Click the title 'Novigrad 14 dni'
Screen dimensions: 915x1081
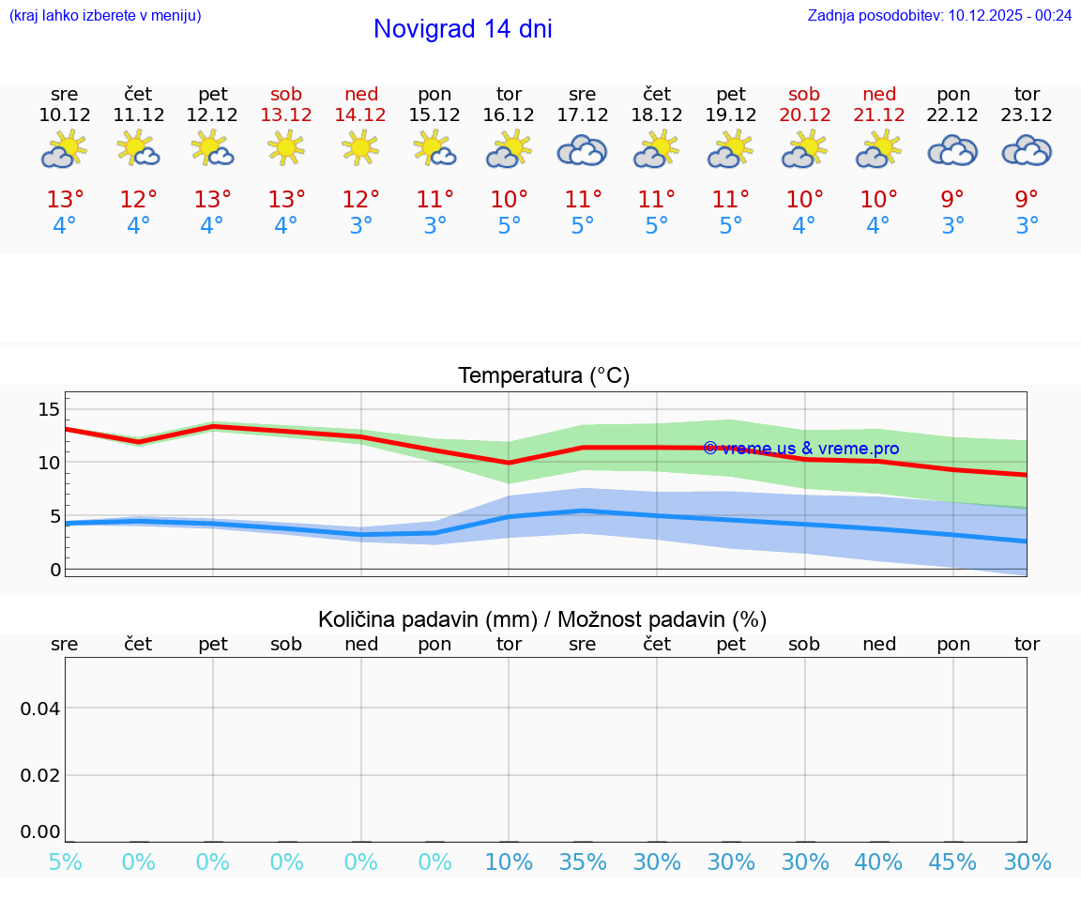[x=463, y=29]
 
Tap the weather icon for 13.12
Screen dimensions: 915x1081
[x=286, y=148]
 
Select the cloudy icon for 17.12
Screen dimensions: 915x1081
[x=583, y=150]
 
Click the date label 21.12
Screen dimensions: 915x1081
[x=878, y=114]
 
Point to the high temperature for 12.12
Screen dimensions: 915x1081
[x=212, y=200]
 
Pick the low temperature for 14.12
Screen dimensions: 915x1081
[x=360, y=226]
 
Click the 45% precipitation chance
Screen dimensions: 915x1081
[x=952, y=862]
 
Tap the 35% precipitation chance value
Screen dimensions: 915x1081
[x=583, y=862]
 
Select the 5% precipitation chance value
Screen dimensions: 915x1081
[x=65, y=862]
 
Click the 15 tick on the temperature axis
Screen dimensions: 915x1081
[x=49, y=408]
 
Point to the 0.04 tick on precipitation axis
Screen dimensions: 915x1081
[x=40, y=708]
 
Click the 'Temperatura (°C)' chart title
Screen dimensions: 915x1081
[x=543, y=376]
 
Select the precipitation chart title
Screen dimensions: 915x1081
[x=542, y=619]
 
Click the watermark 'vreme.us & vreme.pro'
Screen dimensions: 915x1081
[x=800, y=449]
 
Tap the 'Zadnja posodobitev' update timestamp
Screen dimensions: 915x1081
[x=939, y=16]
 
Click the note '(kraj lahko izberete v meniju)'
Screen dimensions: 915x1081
[x=105, y=16]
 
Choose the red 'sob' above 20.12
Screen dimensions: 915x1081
[x=804, y=94]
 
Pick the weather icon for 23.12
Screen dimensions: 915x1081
[x=1027, y=150]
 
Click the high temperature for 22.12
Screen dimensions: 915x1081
[x=952, y=200]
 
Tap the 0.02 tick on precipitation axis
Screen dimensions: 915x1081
[x=40, y=774]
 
